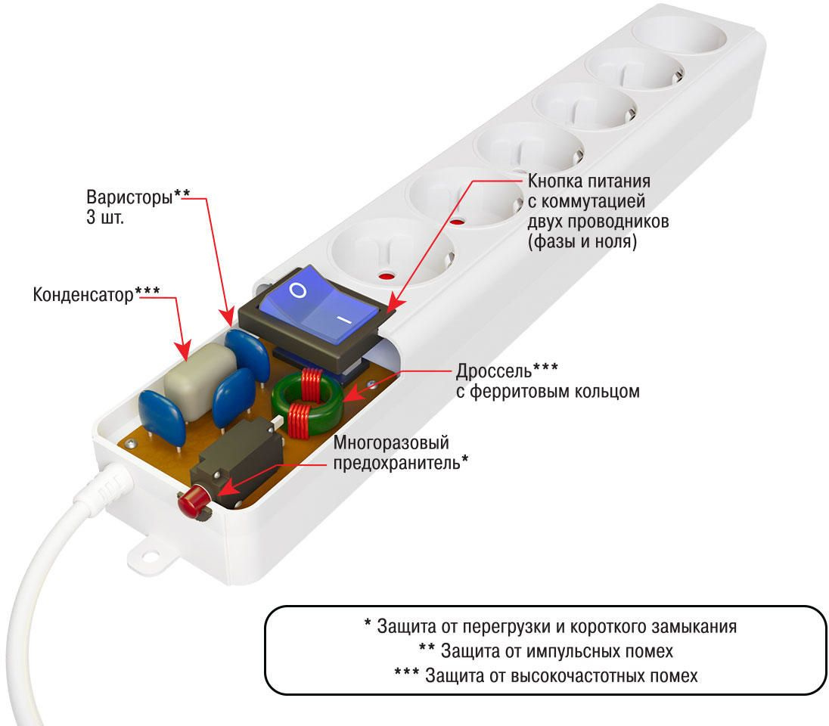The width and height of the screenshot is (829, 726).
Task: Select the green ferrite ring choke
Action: point(307,400)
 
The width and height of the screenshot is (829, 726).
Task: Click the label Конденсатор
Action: point(82,294)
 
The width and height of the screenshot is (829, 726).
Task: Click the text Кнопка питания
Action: point(588,182)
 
